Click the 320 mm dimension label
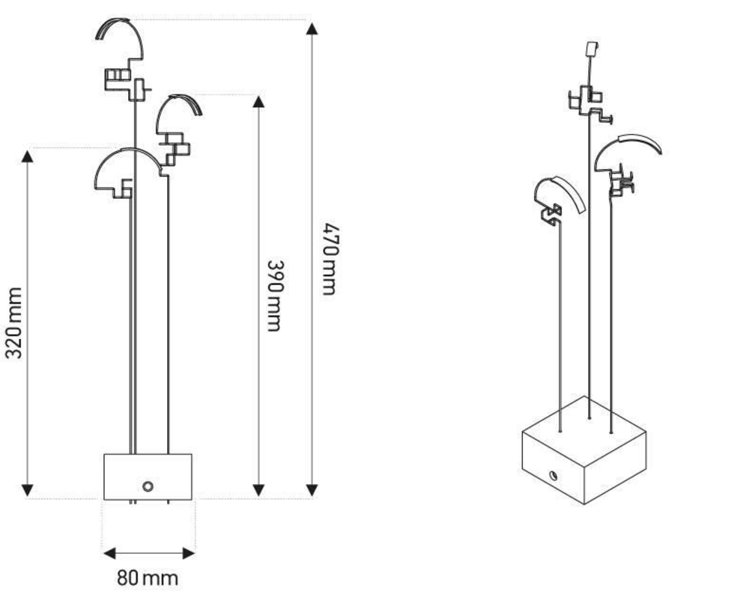click(13, 323)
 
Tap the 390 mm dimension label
click(275, 296)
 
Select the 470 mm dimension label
click(329, 259)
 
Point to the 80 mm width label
click(148, 578)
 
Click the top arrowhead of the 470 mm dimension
click(312, 28)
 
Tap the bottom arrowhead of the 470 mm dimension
click(312, 489)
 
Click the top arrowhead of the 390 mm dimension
click(258, 102)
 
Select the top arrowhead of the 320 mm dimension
click(28, 156)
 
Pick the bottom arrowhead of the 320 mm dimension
click(28, 489)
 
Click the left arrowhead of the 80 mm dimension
click(109, 554)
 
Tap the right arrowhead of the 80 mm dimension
click(189, 554)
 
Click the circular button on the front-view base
click(148, 486)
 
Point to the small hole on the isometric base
click(554, 475)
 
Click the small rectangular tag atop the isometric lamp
click(592, 49)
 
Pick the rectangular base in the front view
click(148, 477)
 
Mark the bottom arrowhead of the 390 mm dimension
click(258, 489)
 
